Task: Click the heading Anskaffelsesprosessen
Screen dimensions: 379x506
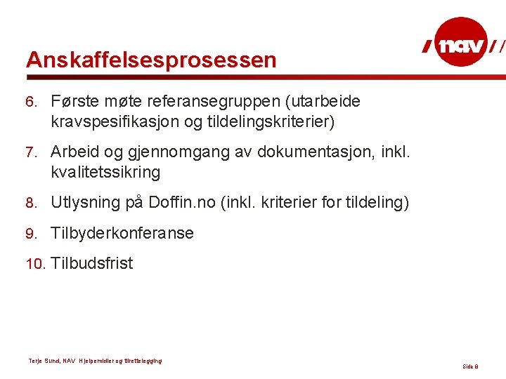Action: (x=151, y=60)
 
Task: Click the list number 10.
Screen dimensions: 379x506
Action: (x=34, y=265)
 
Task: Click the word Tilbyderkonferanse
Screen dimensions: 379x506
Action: (x=122, y=233)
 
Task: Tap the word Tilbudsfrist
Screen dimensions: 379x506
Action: (x=91, y=264)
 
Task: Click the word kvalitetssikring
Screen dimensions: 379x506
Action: (x=105, y=172)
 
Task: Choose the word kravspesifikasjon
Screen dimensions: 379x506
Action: (x=115, y=122)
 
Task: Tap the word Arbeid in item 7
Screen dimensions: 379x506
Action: (x=74, y=152)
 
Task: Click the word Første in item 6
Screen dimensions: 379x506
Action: (x=74, y=101)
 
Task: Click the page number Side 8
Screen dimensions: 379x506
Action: (x=470, y=367)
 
